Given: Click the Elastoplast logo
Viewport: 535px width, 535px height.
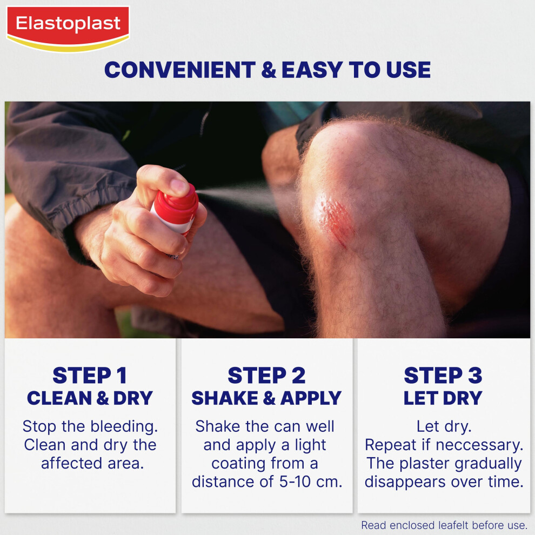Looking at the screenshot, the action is point(68,29).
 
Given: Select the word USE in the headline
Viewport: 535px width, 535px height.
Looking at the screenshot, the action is point(408,70).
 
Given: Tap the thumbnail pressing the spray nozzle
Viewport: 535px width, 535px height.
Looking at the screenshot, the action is point(179,186).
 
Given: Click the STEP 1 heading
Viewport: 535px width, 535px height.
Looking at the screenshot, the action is point(89,376).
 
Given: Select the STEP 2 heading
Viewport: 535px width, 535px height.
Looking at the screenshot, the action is point(266,376).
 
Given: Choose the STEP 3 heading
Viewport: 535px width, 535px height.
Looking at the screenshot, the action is point(443,376).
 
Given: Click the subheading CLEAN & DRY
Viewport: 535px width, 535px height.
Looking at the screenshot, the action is point(90,398).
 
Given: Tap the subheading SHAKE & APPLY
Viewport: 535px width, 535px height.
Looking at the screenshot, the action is point(266,398).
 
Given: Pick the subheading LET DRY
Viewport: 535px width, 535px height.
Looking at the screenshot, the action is point(443,398).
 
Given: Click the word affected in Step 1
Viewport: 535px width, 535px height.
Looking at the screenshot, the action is point(72,463).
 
